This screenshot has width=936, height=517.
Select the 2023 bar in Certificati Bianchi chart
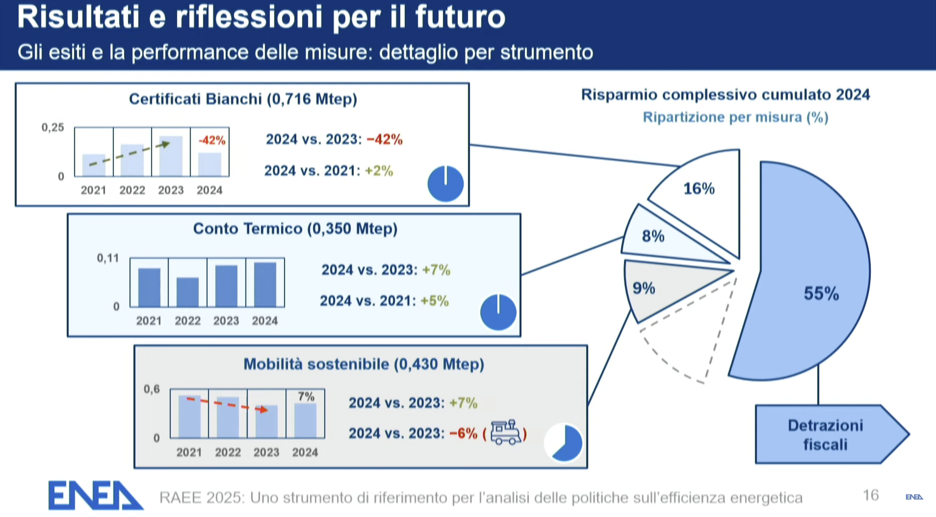click(171, 156)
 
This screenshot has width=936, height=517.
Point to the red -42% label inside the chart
click(212, 140)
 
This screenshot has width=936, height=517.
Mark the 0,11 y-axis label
click(108, 258)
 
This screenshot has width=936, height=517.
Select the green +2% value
click(379, 171)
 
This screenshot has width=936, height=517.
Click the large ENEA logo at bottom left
click(95, 496)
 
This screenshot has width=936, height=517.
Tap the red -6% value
click(463, 433)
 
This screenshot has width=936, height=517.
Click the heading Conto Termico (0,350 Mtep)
click(295, 229)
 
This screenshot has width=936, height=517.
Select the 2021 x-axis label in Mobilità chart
click(189, 452)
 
